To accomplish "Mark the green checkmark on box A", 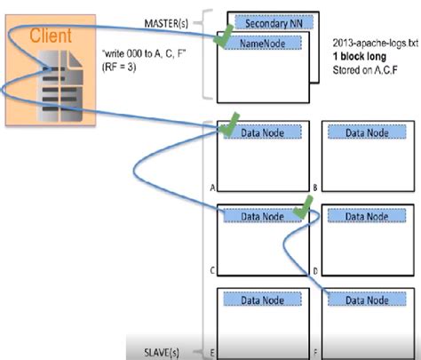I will click(x=231, y=121).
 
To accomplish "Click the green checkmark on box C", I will click(x=304, y=207).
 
